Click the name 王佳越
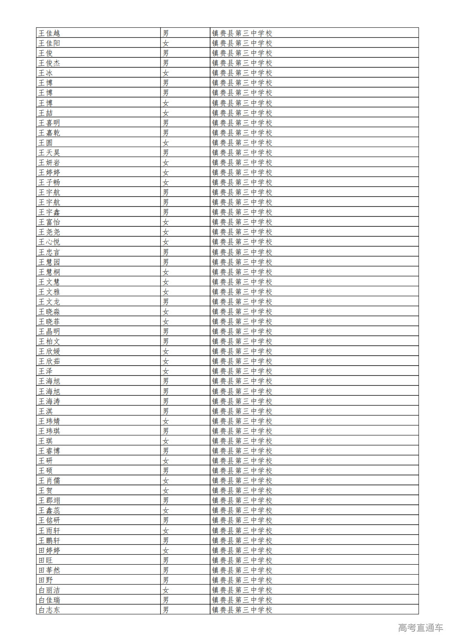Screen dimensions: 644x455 [x=49, y=33]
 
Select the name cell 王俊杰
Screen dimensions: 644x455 [x=49, y=63]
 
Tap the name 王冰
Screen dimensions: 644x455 [x=45, y=73]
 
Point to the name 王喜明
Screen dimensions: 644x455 [x=49, y=123]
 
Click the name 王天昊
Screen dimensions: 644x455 [x=49, y=152]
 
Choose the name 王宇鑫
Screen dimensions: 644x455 [x=49, y=212]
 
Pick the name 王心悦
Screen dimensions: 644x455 [x=49, y=242]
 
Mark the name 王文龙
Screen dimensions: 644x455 [x=49, y=302]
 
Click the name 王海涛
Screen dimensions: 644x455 [x=49, y=401]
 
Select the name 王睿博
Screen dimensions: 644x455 [x=49, y=451]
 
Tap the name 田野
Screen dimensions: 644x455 [x=45, y=580]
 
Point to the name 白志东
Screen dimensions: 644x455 [x=49, y=610]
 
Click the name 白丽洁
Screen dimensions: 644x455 [x=49, y=590]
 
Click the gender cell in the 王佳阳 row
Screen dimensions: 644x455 [x=166, y=43]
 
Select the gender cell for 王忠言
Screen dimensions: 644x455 [x=166, y=252]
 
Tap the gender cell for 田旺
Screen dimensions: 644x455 [x=166, y=560]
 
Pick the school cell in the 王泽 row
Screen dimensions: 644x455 [x=242, y=371]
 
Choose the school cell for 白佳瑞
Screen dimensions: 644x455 [x=242, y=600]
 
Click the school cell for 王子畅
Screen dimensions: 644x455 [x=242, y=182]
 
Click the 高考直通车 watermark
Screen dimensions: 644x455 [x=420, y=627]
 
